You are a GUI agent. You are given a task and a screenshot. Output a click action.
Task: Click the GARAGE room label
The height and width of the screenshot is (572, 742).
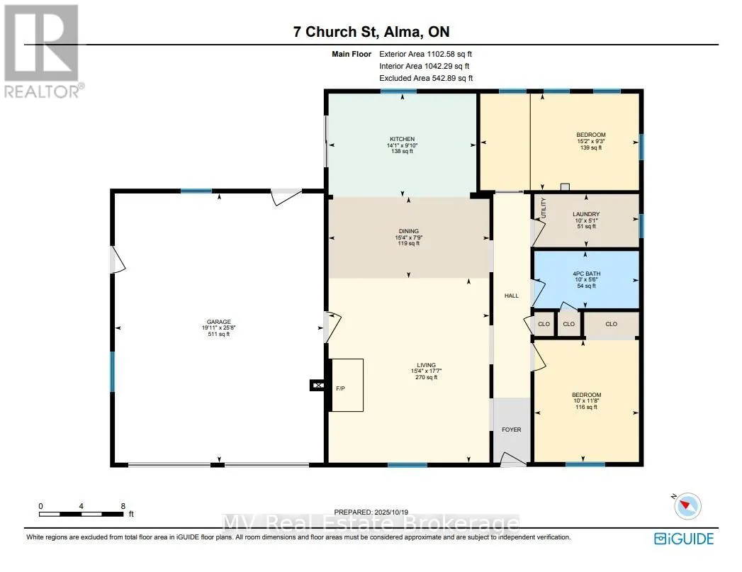click(x=218, y=322)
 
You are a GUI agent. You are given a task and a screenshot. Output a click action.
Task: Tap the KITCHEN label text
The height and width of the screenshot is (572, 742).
click(x=403, y=139)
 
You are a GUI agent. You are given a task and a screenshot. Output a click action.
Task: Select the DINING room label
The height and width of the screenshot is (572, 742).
click(x=408, y=231)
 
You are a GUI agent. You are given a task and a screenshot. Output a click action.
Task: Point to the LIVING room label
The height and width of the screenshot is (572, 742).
click(x=427, y=365)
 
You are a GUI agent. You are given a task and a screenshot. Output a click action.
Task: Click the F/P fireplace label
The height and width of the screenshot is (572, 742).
click(x=340, y=388)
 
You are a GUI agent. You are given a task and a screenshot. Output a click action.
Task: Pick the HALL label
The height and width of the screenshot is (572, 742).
click(x=512, y=296)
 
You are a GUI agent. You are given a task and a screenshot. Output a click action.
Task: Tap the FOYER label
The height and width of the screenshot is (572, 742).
click(x=512, y=430)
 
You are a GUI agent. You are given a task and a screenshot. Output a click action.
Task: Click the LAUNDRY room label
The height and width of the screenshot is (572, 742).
click(x=586, y=214)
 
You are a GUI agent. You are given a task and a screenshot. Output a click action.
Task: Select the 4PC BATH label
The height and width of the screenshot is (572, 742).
click(x=586, y=274)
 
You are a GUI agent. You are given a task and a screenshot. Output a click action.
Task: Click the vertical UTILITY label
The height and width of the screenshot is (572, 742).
click(x=544, y=208)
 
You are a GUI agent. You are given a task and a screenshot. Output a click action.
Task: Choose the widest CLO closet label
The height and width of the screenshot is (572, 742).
click(x=612, y=324)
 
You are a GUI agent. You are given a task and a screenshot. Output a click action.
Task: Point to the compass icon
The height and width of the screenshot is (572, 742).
click(x=687, y=506)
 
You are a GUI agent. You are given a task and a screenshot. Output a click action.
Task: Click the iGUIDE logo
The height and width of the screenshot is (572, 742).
click(x=685, y=539)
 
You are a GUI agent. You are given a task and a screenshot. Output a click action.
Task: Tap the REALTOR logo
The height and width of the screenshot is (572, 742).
click(x=43, y=51)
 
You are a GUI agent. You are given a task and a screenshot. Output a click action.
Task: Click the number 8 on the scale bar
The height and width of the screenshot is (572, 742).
click(x=123, y=506)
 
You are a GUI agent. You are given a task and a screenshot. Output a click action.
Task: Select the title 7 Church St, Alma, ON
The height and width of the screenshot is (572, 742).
click(x=371, y=32)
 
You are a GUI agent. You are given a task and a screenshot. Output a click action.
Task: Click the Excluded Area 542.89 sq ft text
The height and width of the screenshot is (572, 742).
click(x=426, y=78)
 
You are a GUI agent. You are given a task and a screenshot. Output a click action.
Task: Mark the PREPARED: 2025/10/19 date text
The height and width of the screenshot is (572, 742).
click(x=371, y=512)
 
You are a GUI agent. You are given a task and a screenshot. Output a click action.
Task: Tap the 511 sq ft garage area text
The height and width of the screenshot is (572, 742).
click(x=218, y=334)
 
